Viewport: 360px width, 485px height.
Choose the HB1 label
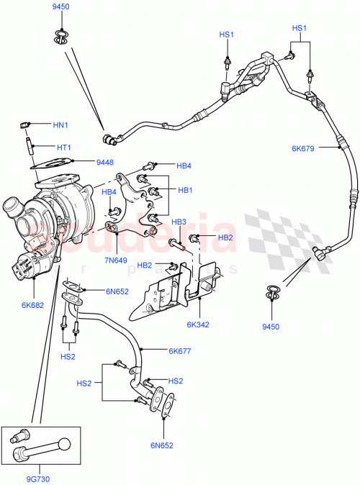click(186, 190)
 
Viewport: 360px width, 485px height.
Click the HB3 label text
click(179, 222)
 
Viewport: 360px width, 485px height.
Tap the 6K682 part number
click(32, 305)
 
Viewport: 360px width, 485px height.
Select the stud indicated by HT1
click(31, 145)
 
